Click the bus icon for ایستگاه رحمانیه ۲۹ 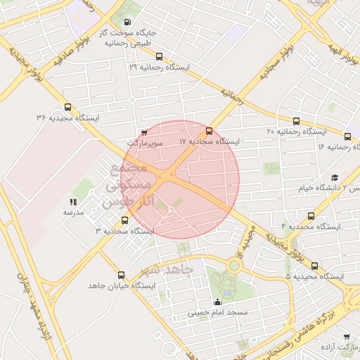tap(159, 57)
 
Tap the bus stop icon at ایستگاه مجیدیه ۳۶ tap(67, 108)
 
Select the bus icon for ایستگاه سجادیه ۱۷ tap(209, 131)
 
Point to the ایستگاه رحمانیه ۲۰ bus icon tap(296, 121)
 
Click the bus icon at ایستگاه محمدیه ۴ tap(311, 217)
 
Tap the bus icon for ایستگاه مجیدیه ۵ tap(314, 266)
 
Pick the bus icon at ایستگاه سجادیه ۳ tap(125, 220)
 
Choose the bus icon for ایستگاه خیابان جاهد tap(121, 275)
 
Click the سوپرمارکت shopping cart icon tap(144, 131)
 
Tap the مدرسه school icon tap(73, 202)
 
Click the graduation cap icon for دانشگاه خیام tap(335, 177)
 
